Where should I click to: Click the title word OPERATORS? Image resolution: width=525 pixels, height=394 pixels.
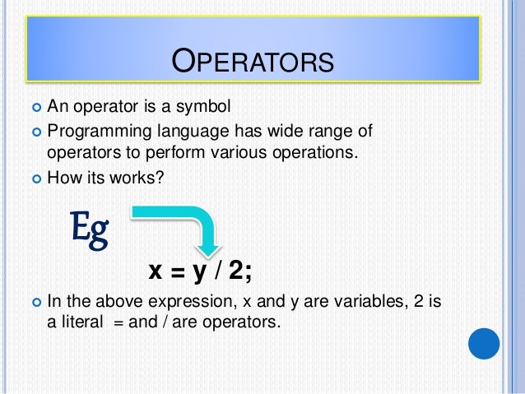click(252, 63)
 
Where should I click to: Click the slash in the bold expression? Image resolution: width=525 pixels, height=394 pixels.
click(220, 271)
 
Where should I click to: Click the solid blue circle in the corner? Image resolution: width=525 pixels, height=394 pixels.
click(483, 343)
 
